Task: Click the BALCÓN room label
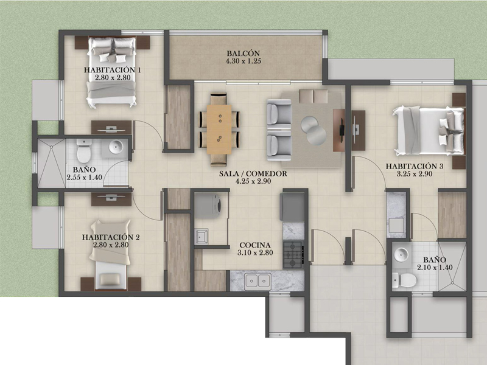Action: pos(243,54)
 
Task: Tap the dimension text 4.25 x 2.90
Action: pos(253,181)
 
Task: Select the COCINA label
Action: pos(255,245)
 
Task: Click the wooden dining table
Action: pos(219,130)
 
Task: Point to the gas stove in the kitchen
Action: pos(293,254)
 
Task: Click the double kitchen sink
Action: pos(258,280)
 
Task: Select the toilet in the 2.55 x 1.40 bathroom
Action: pos(84,151)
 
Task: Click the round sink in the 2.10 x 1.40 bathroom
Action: pos(401,254)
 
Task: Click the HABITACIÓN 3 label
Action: pos(415,166)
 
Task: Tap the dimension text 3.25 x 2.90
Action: pos(415,174)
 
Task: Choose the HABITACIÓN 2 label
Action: pos(111,237)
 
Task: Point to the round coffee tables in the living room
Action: pos(313,130)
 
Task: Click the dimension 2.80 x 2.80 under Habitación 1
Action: pos(113,78)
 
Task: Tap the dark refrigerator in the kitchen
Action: pos(292,207)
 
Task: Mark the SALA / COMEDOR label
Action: pos(253,174)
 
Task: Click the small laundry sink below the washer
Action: pos(201,236)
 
